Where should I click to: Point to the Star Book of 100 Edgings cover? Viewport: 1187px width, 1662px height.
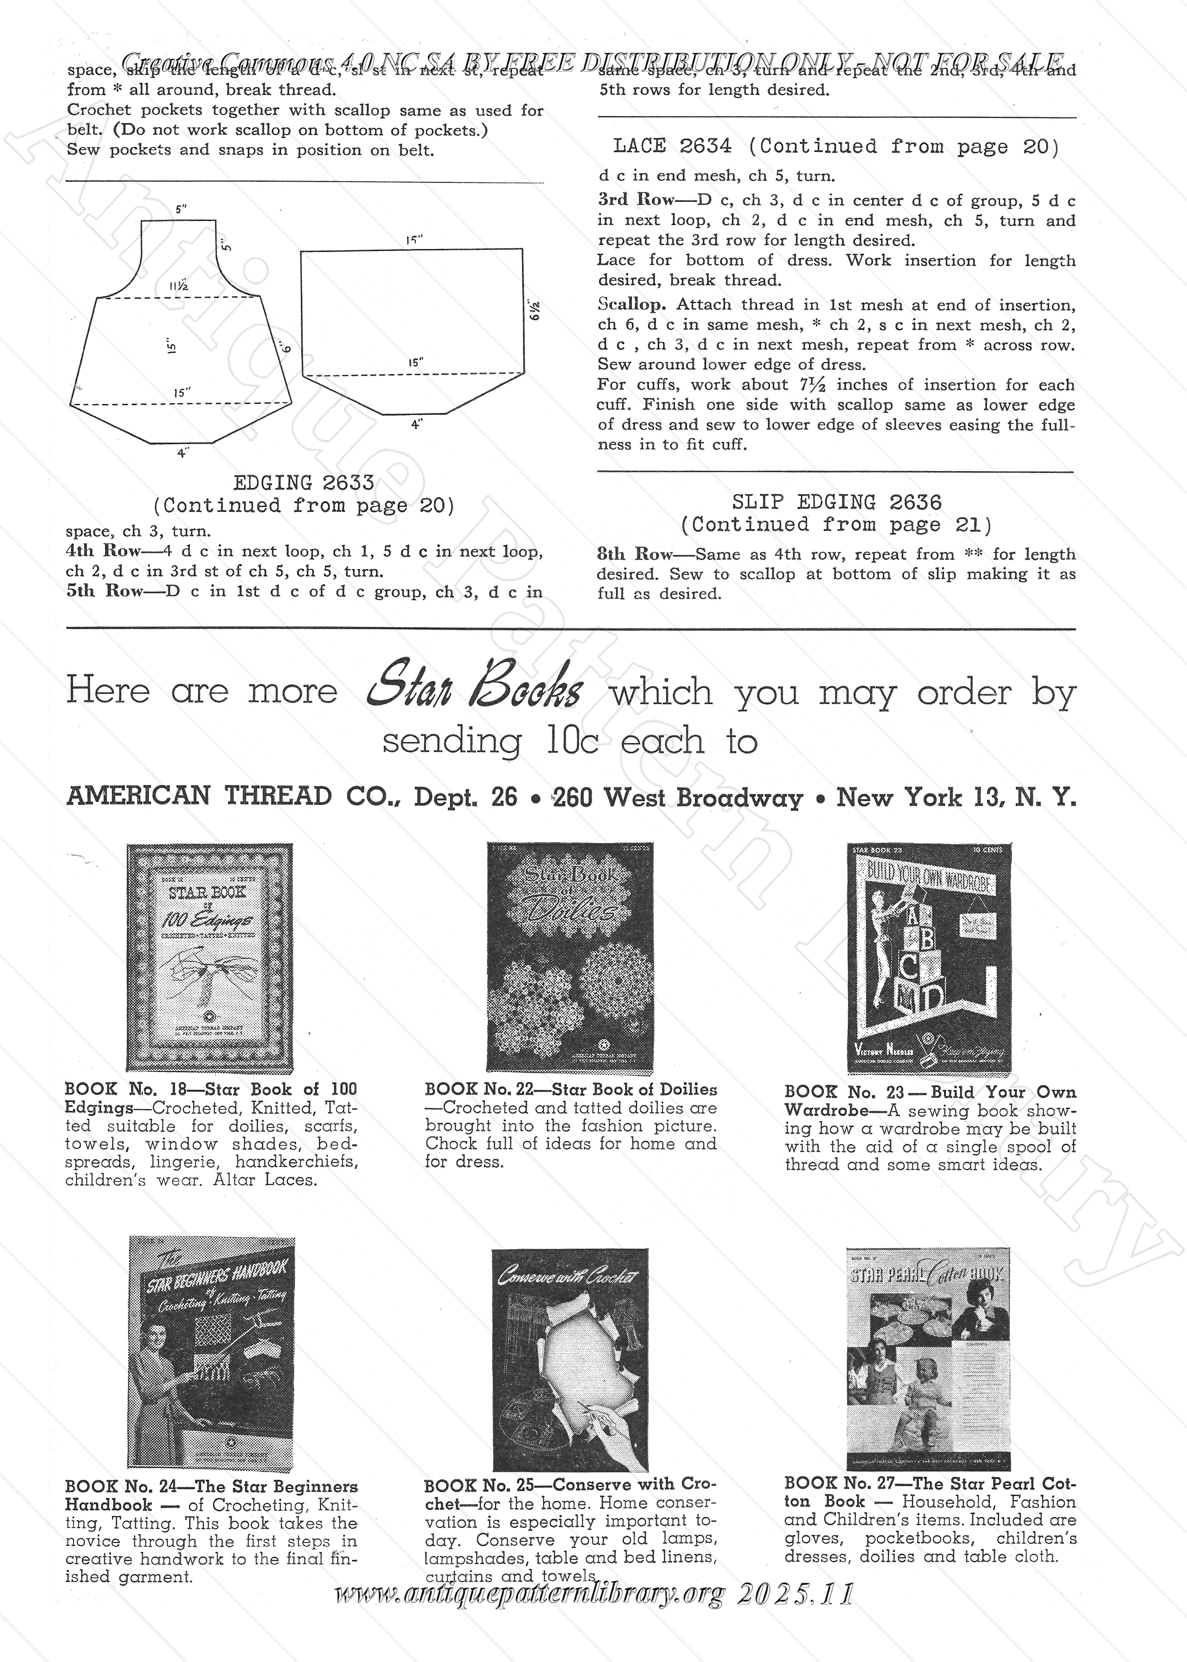coord(210,957)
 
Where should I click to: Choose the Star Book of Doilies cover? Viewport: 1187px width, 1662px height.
coord(570,957)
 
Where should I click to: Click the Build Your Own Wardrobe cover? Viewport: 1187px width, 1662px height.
coord(929,958)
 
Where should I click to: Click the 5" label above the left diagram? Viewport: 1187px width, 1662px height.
coord(180,209)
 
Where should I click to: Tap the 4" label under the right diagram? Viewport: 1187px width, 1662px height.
coord(416,424)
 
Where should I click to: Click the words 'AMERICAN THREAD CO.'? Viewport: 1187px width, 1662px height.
coord(235,796)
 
